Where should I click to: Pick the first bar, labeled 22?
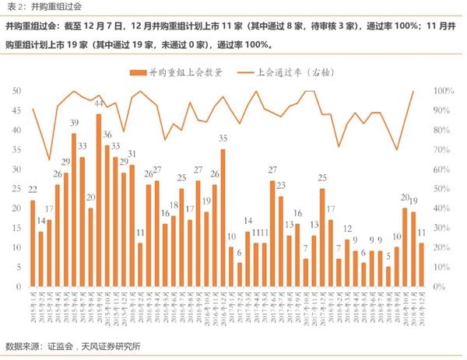click(x=33, y=243)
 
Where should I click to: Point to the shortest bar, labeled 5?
click(x=388, y=277)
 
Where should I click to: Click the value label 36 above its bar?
click(x=107, y=135)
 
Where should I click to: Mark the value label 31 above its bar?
click(x=132, y=154)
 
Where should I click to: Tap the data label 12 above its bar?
click(x=347, y=229)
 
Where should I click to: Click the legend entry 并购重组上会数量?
click(x=178, y=72)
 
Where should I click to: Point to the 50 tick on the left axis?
click(x=16, y=91)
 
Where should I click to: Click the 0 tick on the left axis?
click(x=18, y=287)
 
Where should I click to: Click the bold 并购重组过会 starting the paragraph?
click(x=31, y=26)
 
